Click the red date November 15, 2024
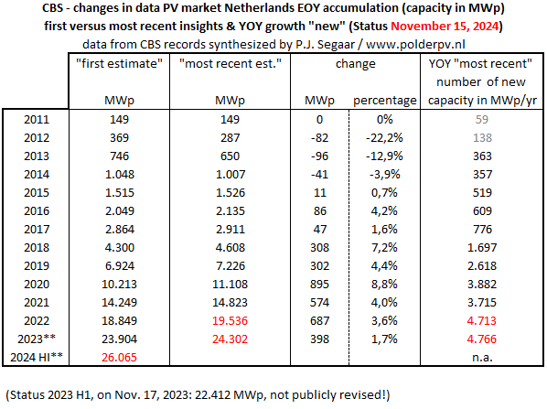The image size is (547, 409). click(445, 27)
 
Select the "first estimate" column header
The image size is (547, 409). click(119, 63)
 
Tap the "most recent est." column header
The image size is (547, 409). click(230, 63)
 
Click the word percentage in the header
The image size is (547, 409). click(385, 101)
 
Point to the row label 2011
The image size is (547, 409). click(37, 119)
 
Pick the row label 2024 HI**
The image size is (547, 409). click(37, 358)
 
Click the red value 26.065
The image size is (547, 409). click(119, 358)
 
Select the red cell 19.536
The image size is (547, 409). click(230, 321)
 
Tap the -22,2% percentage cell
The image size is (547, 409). click(384, 138)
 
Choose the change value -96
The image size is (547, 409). click(319, 156)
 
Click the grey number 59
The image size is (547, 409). click(482, 119)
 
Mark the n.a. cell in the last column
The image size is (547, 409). click(482, 358)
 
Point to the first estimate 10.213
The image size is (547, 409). click(119, 284)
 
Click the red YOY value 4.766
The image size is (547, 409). click(482, 339)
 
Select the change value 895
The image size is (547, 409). click(319, 284)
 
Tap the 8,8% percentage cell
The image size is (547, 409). click(384, 284)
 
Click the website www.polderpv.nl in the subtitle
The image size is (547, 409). click(415, 44)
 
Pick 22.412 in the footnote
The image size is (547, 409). click(212, 394)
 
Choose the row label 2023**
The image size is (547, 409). click(37, 339)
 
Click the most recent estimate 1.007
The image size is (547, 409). click(231, 174)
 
